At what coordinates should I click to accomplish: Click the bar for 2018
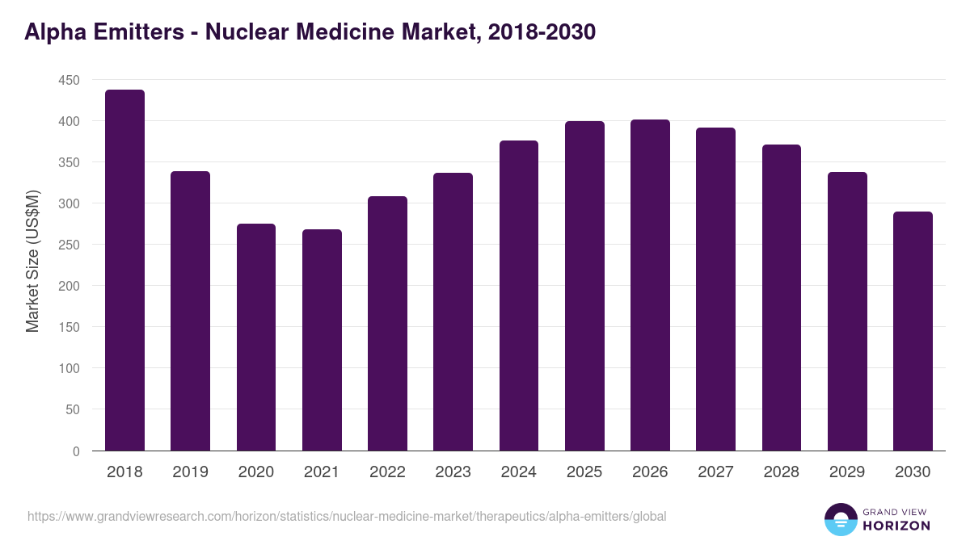(x=124, y=270)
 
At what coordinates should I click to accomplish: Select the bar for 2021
(x=322, y=340)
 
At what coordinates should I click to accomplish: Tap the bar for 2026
(x=650, y=285)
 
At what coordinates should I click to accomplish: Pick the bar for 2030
(x=913, y=331)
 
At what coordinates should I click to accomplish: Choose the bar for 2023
(x=453, y=312)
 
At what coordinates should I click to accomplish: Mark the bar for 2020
(x=256, y=337)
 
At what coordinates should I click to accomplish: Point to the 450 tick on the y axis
(x=69, y=80)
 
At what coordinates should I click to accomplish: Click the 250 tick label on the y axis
(x=69, y=245)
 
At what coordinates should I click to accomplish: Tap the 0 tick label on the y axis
(x=76, y=451)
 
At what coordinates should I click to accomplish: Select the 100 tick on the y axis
(x=69, y=368)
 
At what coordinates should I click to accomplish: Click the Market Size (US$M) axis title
(x=32, y=261)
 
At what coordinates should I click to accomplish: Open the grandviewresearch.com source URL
(x=347, y=516)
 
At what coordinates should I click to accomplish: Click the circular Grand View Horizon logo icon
(x=841, y=519)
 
